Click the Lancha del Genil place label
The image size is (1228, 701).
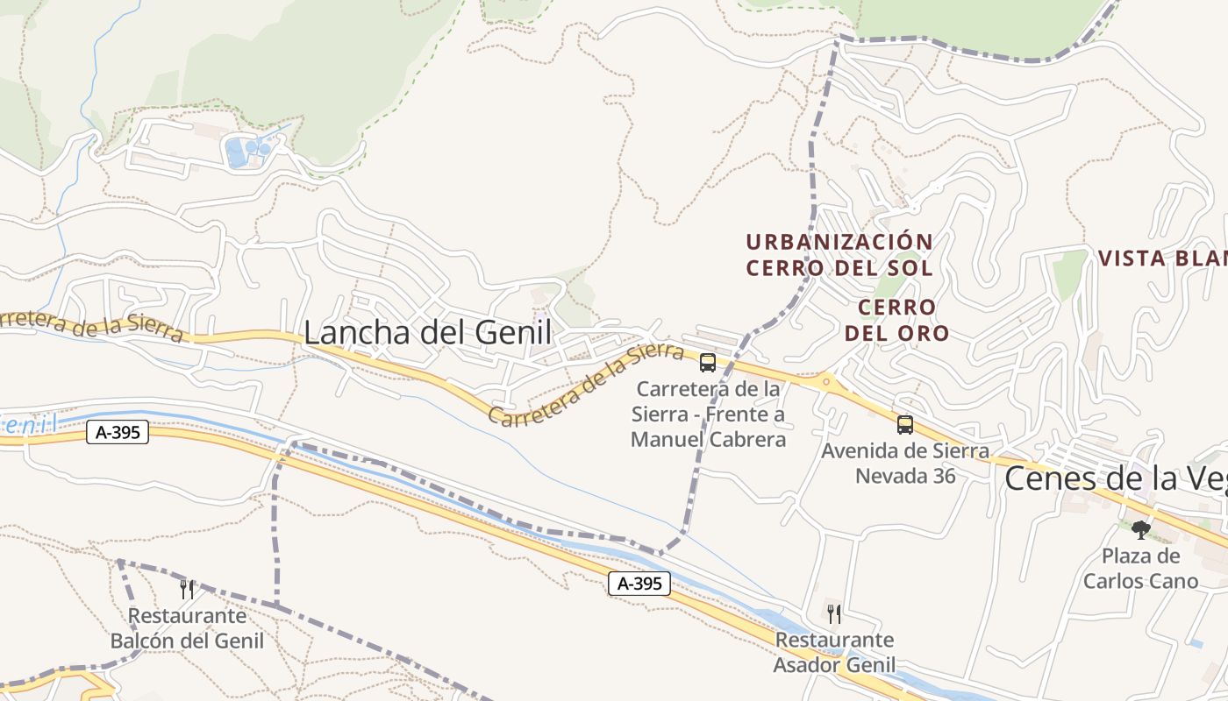(x=428, y=333)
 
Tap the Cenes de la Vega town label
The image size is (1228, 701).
(x=1114, y=478)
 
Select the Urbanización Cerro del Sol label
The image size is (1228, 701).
(x=839, y=254)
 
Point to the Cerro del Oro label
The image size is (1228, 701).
(x=896, y=320)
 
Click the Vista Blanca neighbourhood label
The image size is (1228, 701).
(x=1162, y=258)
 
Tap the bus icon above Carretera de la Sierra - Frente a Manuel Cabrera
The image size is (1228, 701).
(x=708, y=363)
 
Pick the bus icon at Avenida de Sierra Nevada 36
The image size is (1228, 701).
(x=904, y=425)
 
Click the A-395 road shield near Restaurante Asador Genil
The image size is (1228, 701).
(x=639, y=584)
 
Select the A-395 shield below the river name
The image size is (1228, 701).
(x=118, y=432)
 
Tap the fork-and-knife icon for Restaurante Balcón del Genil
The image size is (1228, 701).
(x=186, y=589)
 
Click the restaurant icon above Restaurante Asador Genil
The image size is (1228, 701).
(x=833, y=613)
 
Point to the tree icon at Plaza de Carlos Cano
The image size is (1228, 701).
(x=1140, y=529)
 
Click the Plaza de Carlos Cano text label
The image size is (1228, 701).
(x=1140, y=569)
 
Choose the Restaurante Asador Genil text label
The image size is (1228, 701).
(x=834, y=653)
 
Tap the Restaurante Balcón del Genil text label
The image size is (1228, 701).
(x=187, y=628)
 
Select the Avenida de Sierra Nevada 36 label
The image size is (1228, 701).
(x=905, y=464)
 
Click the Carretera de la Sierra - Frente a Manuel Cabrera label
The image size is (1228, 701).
(x=708, y=414)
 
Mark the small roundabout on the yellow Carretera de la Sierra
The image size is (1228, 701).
(x=825, y=381)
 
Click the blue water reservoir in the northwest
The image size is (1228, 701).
(x=237, y=152)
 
